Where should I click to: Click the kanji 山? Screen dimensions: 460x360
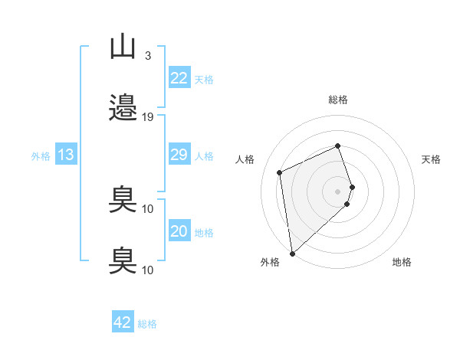click(x=123, y=48)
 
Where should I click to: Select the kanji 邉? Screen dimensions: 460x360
click(x=123, y=107)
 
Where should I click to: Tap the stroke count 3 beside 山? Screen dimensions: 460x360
click(x=148, y=55)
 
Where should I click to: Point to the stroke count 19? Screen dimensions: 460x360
click(x=147, y=117)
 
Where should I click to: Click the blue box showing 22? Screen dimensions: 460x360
click(x=179, y=77)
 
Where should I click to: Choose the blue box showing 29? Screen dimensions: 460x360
click(x=179, y=154)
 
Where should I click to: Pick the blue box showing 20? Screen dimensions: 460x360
click(x=179, y=230)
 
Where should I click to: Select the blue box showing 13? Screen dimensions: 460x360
click(x=66, y=154)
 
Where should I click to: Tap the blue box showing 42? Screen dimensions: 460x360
click(x=123, y=321)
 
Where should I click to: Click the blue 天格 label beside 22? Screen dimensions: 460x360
click(x=204, y=80)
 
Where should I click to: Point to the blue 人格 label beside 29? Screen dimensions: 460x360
click(x=204, y=156)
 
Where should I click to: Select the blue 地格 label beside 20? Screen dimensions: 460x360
click(x=204, y=233)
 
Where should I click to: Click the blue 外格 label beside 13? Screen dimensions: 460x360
click(x=41, y=156)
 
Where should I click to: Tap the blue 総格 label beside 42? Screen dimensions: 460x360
click(x=147, y=324)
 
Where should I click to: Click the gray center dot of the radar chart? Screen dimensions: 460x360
click(x=337, y=191)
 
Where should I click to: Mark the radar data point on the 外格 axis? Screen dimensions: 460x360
click(x=293, y=254)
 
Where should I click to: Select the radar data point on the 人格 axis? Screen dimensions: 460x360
click(x=279, y=172)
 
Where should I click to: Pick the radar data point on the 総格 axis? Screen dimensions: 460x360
click(x=337, y=146)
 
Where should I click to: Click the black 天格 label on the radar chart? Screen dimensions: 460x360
click(x=431, y=159)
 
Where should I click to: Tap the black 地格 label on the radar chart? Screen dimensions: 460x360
click(x=402, y=262)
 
